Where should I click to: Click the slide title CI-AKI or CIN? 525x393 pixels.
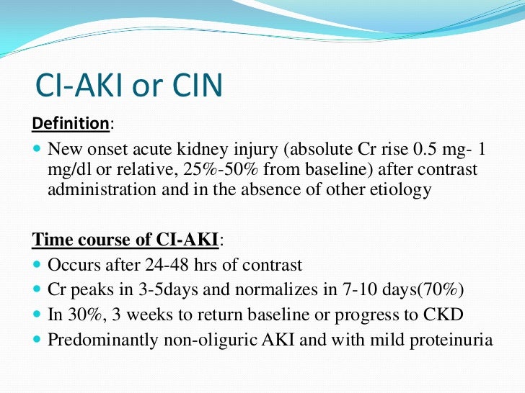[129, 86]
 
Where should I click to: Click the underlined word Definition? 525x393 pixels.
[70, 124]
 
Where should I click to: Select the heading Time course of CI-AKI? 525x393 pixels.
[125, 240]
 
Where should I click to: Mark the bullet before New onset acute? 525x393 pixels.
[37, 150]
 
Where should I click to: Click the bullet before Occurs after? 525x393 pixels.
[37, 265]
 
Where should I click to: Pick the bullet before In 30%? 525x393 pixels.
[37, 315]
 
